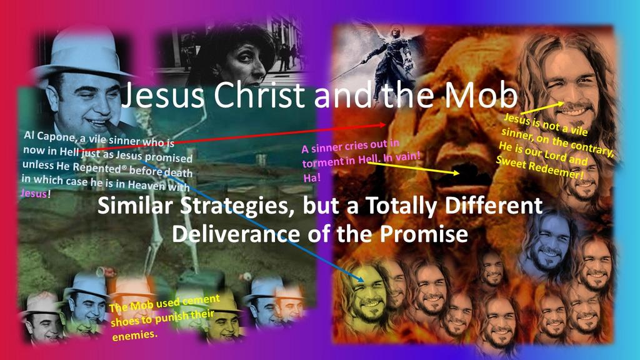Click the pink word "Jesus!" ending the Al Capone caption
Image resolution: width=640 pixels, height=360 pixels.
36,192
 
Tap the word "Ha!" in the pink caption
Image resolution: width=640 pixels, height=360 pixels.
312,177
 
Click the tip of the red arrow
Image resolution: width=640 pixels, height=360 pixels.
386,124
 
